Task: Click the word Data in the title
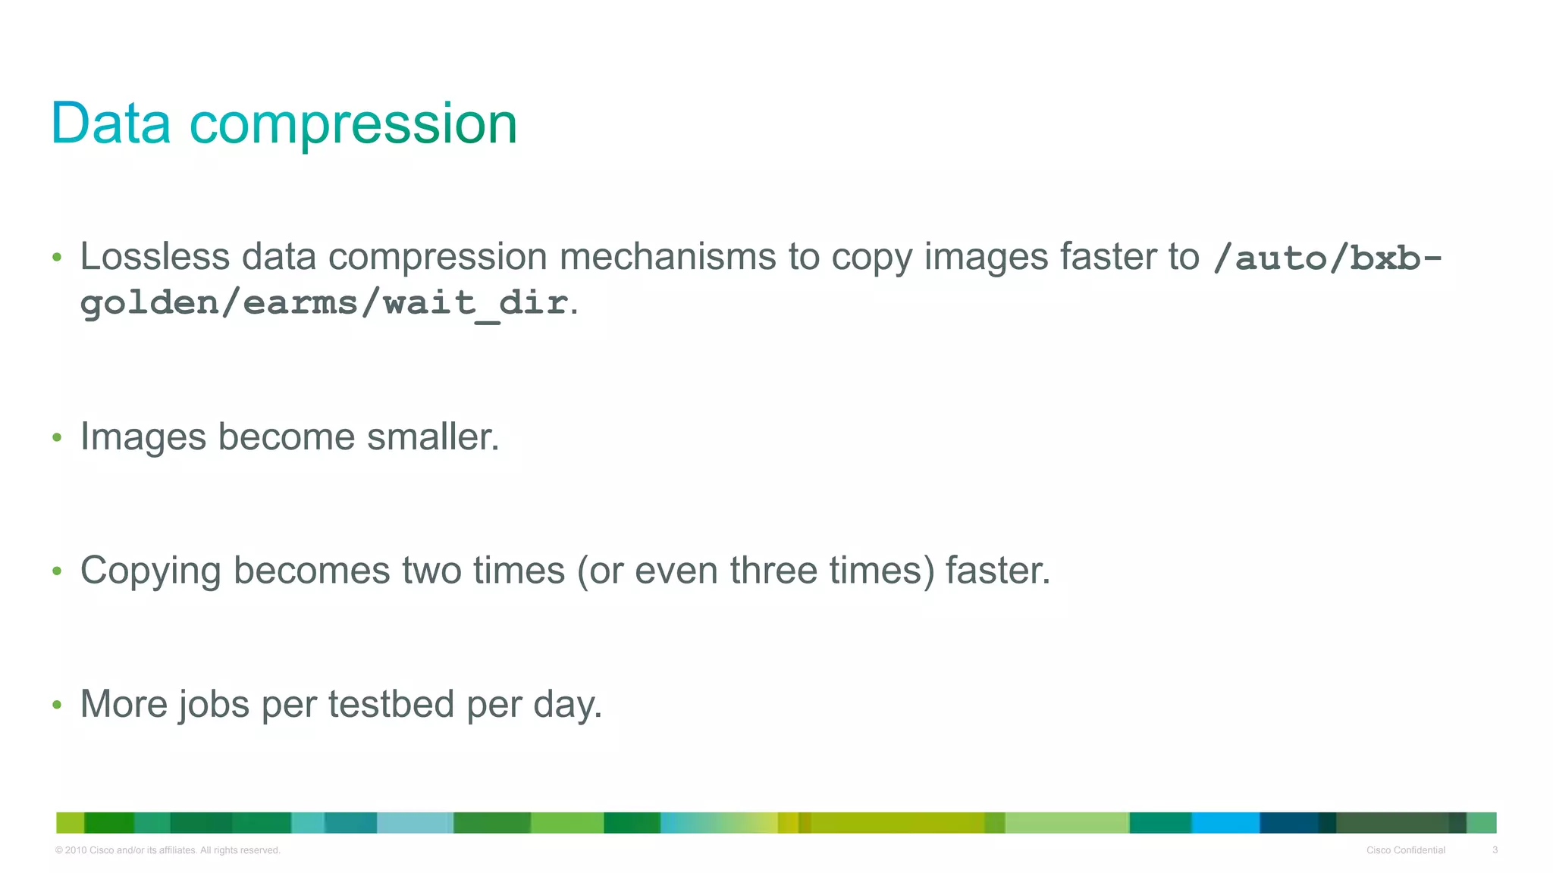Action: pos(111,124)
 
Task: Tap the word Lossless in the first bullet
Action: pos(155,256)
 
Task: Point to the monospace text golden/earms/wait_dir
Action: pos(324,304)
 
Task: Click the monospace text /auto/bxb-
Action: pos(1327,258)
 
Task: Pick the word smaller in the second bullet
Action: pos(432,436)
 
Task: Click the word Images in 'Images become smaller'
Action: pos(143,437)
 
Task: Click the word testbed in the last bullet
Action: pos(391,704)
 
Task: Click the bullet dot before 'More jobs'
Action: pos(57,705)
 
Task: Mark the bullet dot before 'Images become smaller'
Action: pos(57,437)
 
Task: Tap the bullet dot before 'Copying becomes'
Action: pos(57,571)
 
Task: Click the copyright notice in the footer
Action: pos(168,850)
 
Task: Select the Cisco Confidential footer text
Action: pos(1405,850)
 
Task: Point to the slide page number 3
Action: pos(1495,850)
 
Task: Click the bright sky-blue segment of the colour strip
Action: pos(1225,822)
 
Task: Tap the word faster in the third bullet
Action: pos(997,570)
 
